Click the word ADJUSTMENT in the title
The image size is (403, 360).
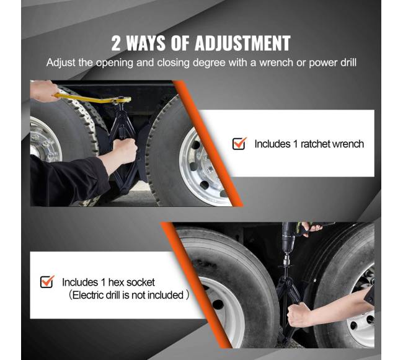point(242,43)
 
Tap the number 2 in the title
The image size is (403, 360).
point(116,43)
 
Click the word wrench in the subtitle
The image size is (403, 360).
point(276,63)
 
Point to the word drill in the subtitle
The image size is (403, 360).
point(349,63)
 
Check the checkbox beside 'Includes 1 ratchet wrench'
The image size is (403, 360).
point(239,144)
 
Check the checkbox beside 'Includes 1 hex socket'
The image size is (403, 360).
point(47,282)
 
